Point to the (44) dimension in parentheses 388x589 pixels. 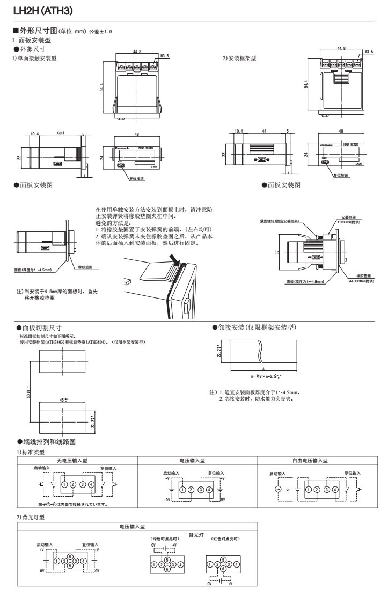tap(61, 133)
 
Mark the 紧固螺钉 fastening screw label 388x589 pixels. tap(293, 221)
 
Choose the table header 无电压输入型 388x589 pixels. tap(77, 460)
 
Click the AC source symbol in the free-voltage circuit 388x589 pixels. tap(278, 489)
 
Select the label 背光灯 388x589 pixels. tap(195, 535)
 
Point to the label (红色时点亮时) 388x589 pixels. tap(225, 539)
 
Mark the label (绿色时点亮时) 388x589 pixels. tap(163, 539)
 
